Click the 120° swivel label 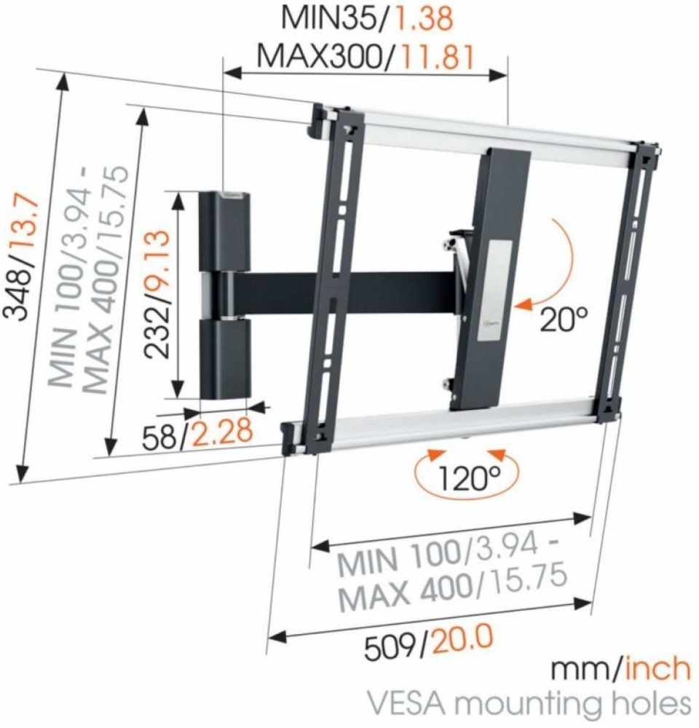tap(470, 478)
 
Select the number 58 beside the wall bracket tap(159, 435)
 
